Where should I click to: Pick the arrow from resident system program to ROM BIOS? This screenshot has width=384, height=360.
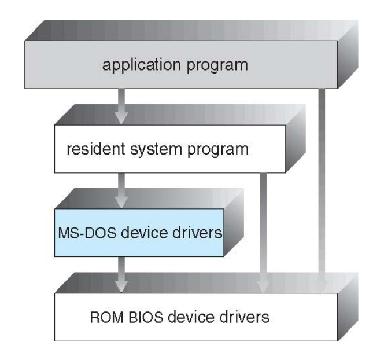264,232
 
